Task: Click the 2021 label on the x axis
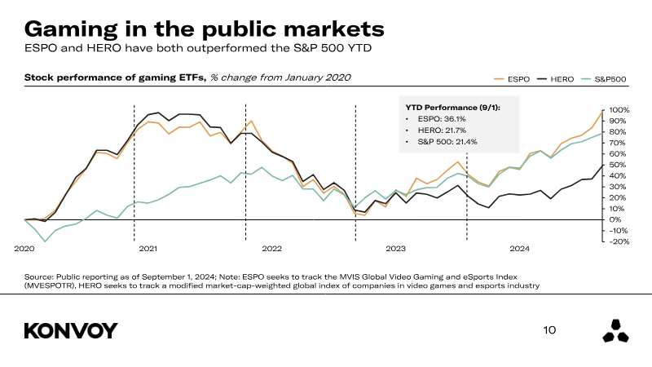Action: click(148, 248)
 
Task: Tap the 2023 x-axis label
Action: click(395, 248)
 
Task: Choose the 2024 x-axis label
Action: click(518, 248)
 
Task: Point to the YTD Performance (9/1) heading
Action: click(453, 107)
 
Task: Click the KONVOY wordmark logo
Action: click(71, 330)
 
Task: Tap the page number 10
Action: click(549, 330)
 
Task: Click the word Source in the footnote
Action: click(40, 276)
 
